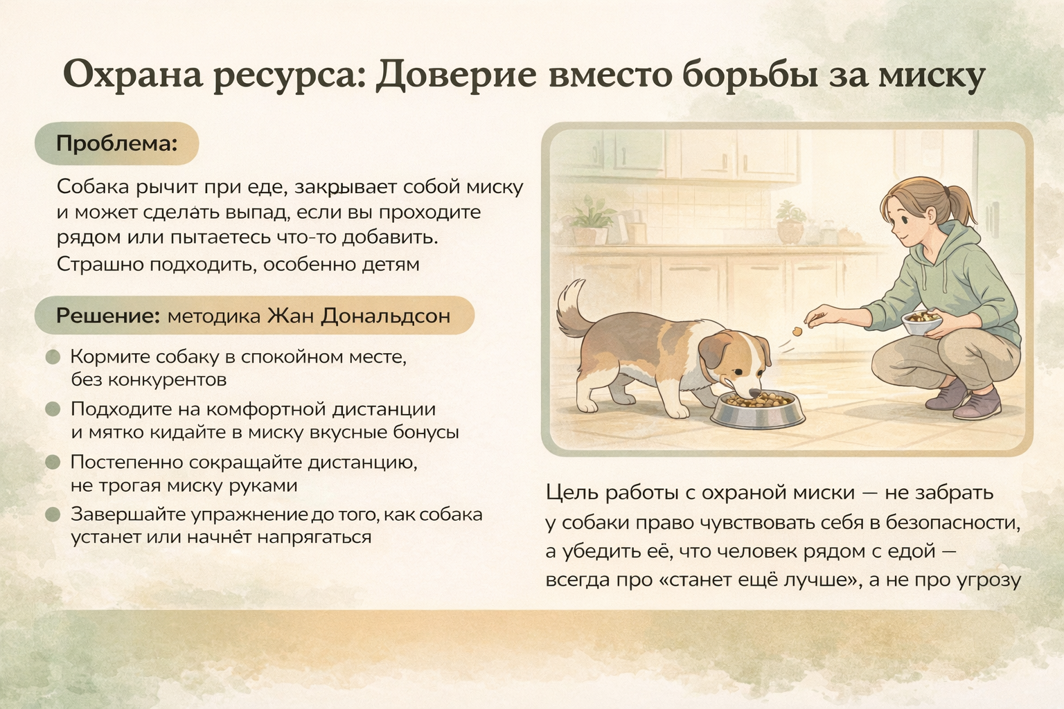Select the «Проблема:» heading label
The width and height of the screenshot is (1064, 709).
click(x=117, y=143)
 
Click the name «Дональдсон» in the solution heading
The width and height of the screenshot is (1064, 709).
click(x=385, y=315)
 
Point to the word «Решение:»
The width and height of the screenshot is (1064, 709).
click(x=108, y=315)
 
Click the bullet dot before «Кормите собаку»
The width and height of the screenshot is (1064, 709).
click(x=53, y=357)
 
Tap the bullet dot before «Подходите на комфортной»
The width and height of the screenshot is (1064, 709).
click(x=53, y=409)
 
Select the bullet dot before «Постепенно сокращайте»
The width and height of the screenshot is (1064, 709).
click(x=53, y=462)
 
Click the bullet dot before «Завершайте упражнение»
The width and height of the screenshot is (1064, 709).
click(x=53, y=514)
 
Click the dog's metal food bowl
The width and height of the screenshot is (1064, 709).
click(x=758, y=411)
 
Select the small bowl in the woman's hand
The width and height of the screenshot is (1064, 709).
click(x=922, y=323)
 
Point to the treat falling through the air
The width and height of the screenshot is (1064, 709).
click(x=797, y=332)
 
